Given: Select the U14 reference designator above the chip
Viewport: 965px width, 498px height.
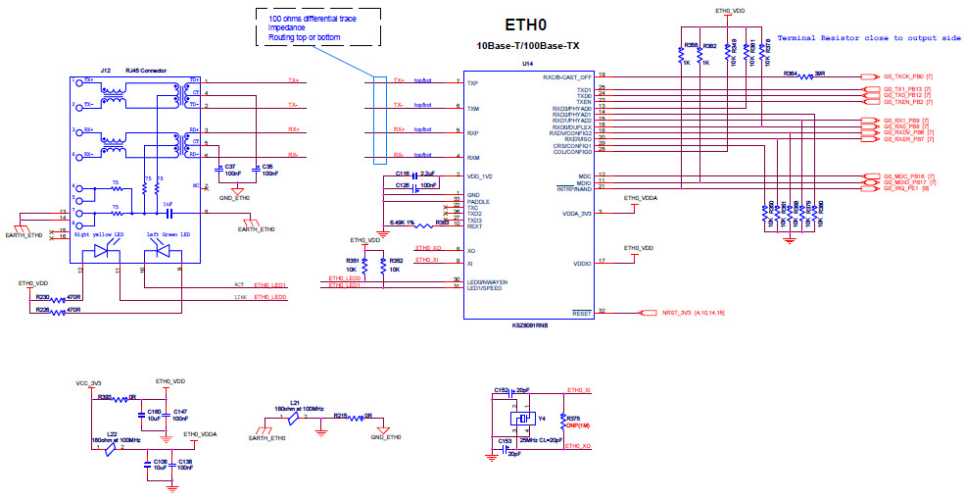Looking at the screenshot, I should click(x=527, y=63).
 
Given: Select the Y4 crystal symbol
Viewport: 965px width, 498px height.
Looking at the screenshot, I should click(x=518, y=419).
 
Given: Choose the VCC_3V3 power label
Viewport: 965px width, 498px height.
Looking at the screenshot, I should click(x=88, y=382).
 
